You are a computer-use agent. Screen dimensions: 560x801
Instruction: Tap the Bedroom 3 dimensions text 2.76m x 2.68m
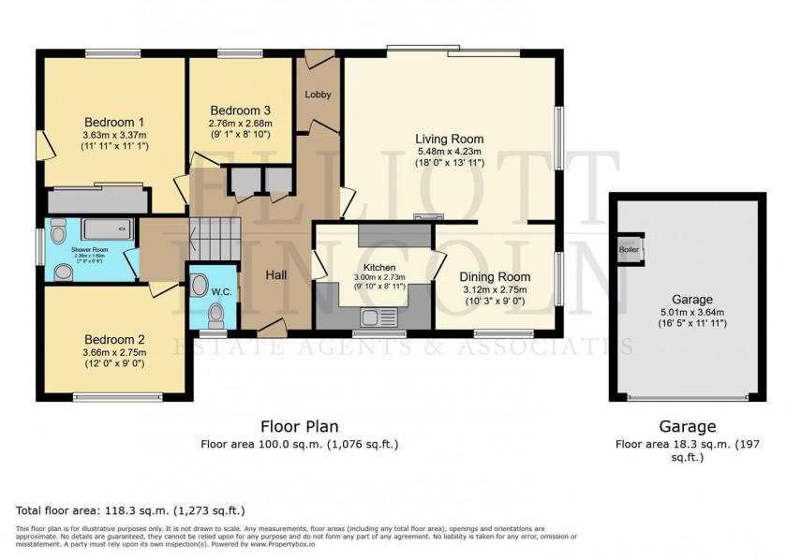240,124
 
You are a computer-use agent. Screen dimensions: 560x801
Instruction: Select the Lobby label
318,95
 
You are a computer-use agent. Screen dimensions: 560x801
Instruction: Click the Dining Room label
496,277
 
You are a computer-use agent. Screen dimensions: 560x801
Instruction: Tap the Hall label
275,275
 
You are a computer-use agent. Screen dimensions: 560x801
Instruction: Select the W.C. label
221,291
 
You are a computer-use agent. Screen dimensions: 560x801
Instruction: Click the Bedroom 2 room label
114,339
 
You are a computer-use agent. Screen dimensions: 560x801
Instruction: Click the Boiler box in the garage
628,250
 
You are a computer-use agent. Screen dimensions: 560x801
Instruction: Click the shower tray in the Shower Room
107,228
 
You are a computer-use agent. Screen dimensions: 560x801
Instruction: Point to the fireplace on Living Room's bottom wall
426,218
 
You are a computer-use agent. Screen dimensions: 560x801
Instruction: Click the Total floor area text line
130,511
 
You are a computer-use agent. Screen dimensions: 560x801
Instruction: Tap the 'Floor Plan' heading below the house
299,426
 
